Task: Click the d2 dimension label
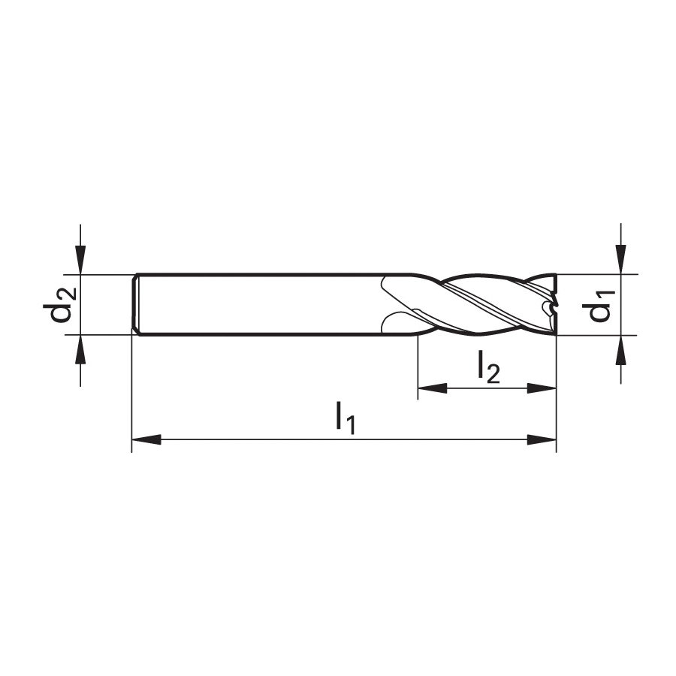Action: [60, 304]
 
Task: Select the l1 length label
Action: [346, 418]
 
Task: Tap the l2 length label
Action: [488, 367]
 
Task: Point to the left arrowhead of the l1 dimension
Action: [146, 439]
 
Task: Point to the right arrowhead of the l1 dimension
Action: [542, 439]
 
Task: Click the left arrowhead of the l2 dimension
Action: [433, 388]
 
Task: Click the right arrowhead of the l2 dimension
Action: [542, 388]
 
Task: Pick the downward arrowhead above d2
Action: [80, 260]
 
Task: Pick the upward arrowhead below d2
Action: [80, 349]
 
